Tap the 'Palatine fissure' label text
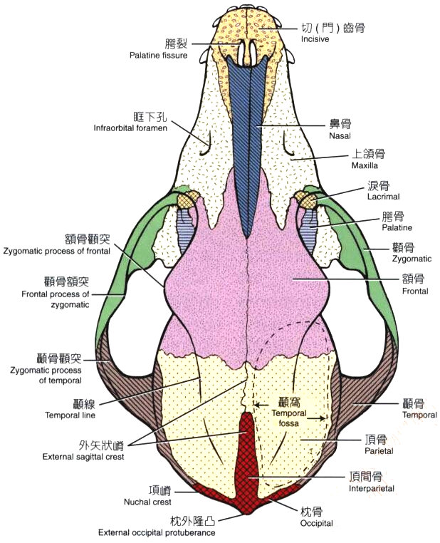click(158, 55)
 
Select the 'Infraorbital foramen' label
click(130, 128)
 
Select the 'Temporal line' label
click(70, 414)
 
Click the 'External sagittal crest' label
click(83, 457)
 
